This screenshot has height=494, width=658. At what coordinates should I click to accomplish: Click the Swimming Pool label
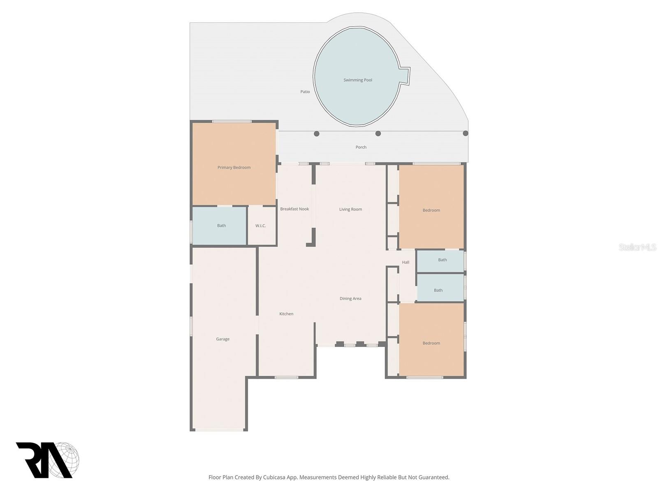pyautogui.click(x=358, y=80)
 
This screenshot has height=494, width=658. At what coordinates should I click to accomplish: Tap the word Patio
pyautogui.click(x=305, y=92)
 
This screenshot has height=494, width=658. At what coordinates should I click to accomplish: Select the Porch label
pyautogui.click(x=361, y=147)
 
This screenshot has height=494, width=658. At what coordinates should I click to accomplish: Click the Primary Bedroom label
pyautogui.click(x=234, y=168)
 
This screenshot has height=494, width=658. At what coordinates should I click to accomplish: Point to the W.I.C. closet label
pyautogui.click(x=260, y=226)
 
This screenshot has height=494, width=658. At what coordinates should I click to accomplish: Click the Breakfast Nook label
pyautogui.click(x=294, y=209)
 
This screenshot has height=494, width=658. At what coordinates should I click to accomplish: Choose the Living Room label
pyautogui.click(x=350, y=209)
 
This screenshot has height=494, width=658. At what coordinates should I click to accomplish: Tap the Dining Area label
pyautogui.click(x=350, y=298)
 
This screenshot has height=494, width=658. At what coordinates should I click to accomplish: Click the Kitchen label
pyautogui.click(x=286, y=314)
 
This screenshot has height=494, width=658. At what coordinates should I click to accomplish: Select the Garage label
pyautogui.click(x=222, y=339)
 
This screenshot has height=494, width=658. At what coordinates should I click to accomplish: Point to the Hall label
pyautogui.click(x=405, y=262)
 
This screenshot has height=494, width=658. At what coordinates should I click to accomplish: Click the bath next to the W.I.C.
pyautogui.click(x=221, y=226)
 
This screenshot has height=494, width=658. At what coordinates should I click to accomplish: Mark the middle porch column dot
pyautogui.click(x=378, y=133)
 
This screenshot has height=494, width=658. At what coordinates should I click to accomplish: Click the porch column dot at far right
pyautogui.click(x=465, y=133)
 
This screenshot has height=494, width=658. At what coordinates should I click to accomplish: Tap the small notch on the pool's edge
pyautogui.click(x=405, y=76)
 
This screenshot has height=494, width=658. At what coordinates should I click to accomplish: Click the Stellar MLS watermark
pyautogui.click(x=637, y=247)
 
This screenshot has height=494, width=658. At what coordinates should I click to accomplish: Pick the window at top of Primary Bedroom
pyautogui.click(x=232, y=121)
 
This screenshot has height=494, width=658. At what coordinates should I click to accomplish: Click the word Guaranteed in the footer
pyautogui.click(x=433, y=478)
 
